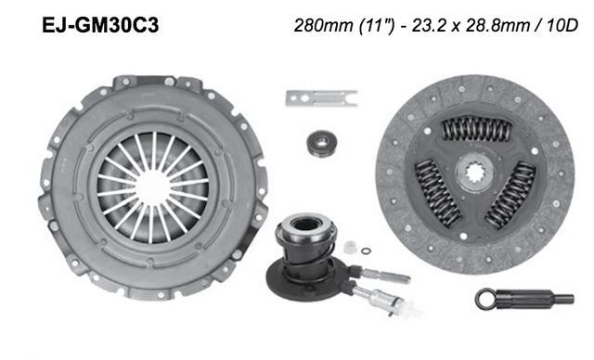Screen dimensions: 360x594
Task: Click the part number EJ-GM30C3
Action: click(x=100, y=25)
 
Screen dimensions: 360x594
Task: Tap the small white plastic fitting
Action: click(x=351, y=248)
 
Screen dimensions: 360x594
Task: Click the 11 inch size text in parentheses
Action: click(x=369, y=25)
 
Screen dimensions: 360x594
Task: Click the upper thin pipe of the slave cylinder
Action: click(x=381, y=273)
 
